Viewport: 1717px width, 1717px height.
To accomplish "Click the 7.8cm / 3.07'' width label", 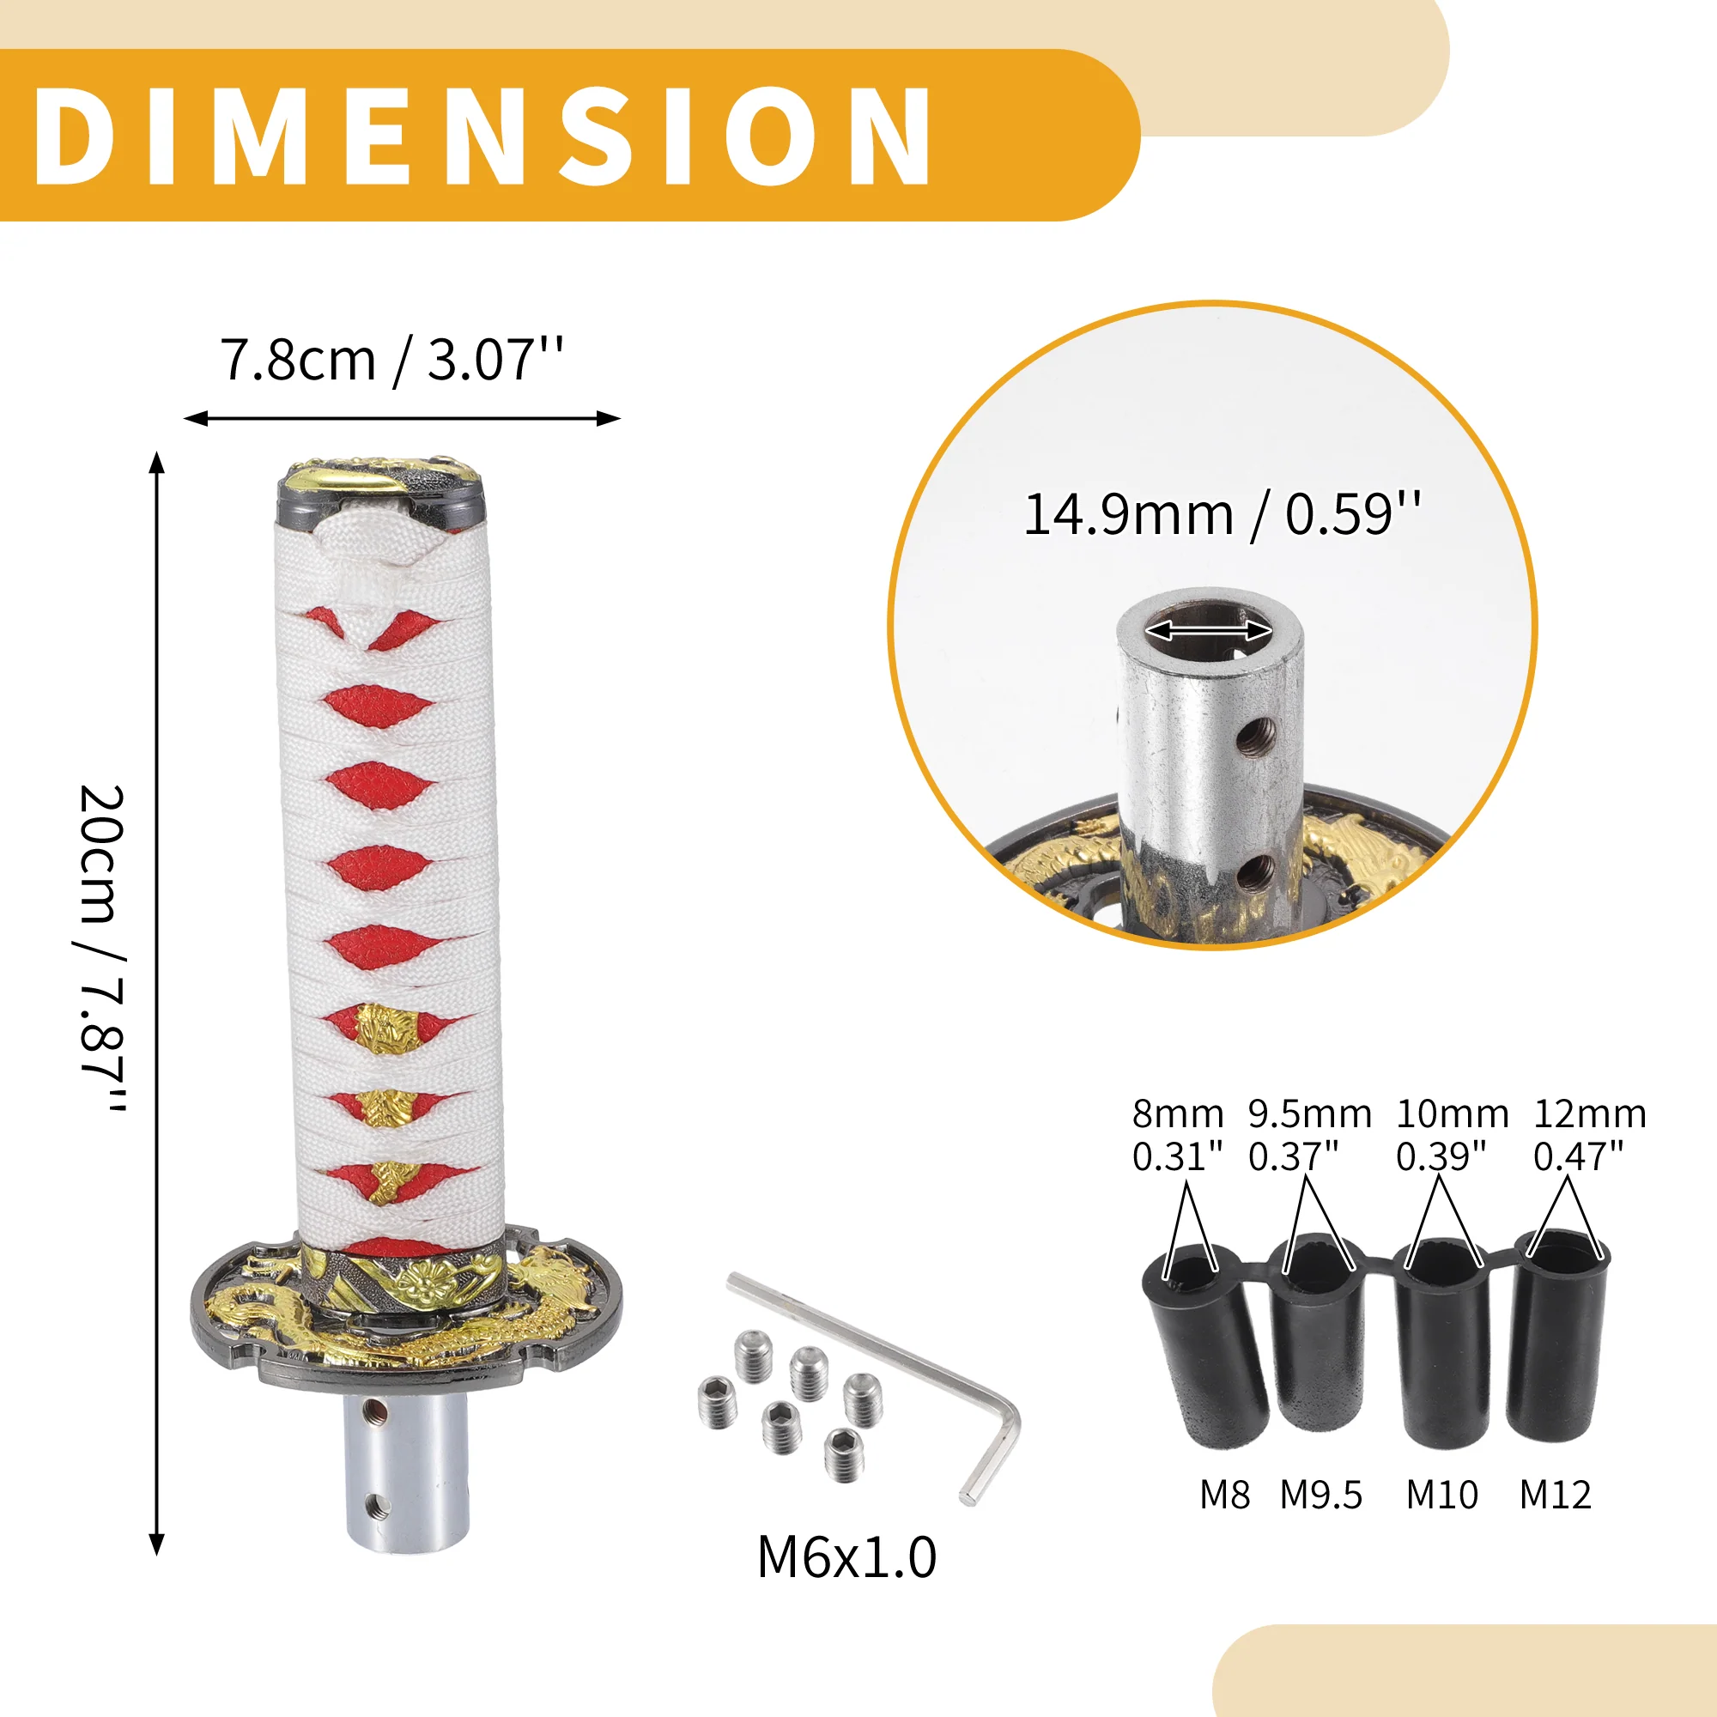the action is [x=391, y=360].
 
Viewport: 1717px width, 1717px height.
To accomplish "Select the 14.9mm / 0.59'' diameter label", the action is [x=1222, y=514].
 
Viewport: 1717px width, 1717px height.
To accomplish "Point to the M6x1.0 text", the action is [x=847, y=1558].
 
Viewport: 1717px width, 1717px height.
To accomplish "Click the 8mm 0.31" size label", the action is [x=1178, y=1135].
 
